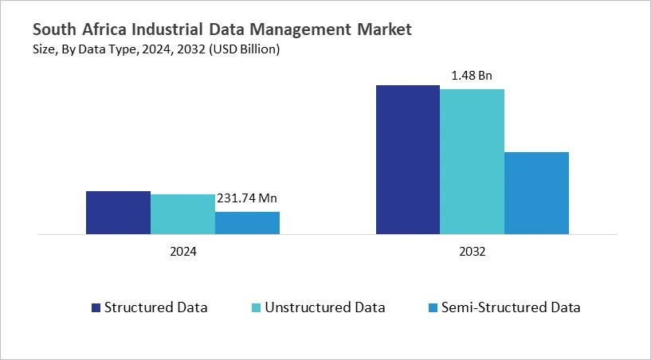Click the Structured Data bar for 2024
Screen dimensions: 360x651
(x=118, y=213)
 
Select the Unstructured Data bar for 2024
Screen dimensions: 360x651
(x=182, y=214)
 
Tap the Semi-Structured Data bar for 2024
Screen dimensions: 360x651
(x=247, y=223)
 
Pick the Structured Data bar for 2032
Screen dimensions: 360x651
(x=407, y=159)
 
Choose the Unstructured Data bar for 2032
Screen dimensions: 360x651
(x=472, y=162)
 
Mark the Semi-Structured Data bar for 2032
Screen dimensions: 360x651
(x=536, y=193)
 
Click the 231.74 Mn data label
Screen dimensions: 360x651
(x=247, y=199)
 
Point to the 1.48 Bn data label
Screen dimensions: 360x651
(x=472, y=76)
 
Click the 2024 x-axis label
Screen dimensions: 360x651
(x=182, y=250)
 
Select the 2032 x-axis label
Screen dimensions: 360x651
(x=472, y=250)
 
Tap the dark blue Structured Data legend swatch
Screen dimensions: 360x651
(x=96, y=307)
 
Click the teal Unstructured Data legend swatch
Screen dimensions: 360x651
(x=257, y=307)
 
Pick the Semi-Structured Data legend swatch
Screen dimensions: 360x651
(x=433, y=307)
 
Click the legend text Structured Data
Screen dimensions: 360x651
(x=156, y=307)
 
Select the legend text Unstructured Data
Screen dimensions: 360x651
(x=325, y=307)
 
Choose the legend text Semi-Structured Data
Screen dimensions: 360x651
(x=511, y=307)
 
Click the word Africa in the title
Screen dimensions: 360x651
(x=103, y=30)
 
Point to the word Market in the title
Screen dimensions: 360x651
(x=385, y=30)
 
